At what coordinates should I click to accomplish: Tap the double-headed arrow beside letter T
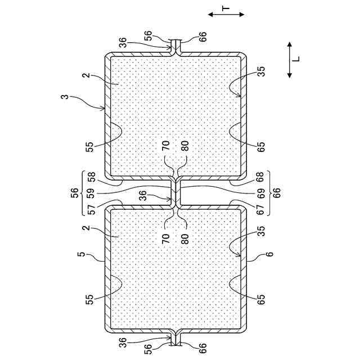tap(218, 13)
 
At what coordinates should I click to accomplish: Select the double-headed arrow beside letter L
tap(289, 58)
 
